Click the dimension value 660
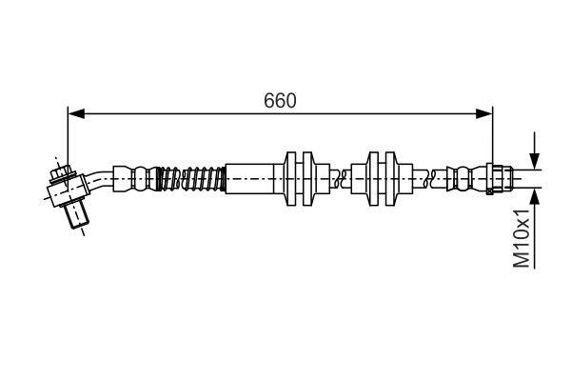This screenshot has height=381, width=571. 279,100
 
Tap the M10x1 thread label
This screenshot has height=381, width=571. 521,241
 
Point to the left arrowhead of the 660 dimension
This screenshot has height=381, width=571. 75,114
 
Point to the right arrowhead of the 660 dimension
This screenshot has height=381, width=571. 484,114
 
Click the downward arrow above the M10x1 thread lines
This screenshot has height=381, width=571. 535,159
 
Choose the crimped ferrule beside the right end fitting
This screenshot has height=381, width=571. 466,178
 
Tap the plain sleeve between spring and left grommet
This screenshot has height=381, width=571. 247,178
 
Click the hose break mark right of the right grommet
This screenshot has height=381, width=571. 434,178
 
